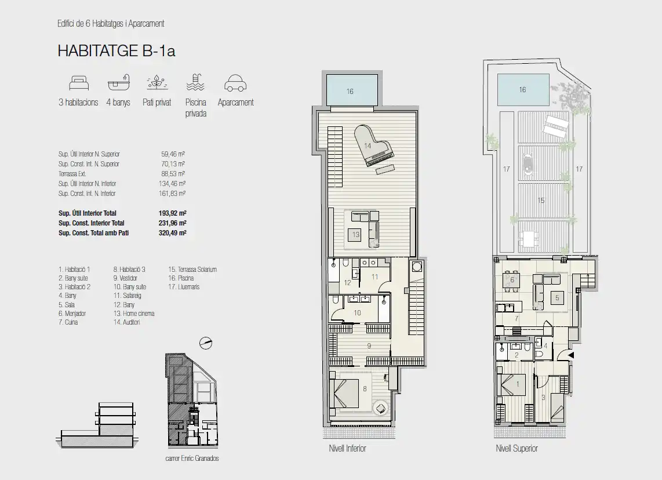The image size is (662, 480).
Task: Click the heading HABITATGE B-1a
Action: [116, 51]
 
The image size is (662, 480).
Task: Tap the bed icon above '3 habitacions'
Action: [79, 83]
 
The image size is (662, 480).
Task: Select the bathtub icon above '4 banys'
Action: [119, 83]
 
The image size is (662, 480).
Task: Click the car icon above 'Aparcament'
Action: [235, 83]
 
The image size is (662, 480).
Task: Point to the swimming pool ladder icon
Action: [195, 82]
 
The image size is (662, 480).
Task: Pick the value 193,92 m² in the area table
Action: [173, 213]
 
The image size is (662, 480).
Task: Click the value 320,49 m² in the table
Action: [173, 233]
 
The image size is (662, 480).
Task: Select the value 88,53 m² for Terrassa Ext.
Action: [173, 174]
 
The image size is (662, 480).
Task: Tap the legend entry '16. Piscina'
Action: [181, 278]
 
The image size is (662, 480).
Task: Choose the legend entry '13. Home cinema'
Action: [134, 314]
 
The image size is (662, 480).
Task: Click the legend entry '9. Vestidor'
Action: [125, 278]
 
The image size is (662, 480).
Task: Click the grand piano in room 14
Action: [373, 146]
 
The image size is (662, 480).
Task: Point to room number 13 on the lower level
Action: [356, 235]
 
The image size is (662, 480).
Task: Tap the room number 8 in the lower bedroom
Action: [365, 389]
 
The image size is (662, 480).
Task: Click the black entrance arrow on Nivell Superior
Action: [570, 355]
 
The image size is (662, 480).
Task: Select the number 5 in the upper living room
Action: [557, 297]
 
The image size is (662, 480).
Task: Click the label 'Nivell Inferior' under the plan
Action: [347, 448]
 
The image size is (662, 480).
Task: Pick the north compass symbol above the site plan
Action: [206, 343]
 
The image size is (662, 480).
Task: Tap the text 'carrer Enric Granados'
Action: [192, 459]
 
